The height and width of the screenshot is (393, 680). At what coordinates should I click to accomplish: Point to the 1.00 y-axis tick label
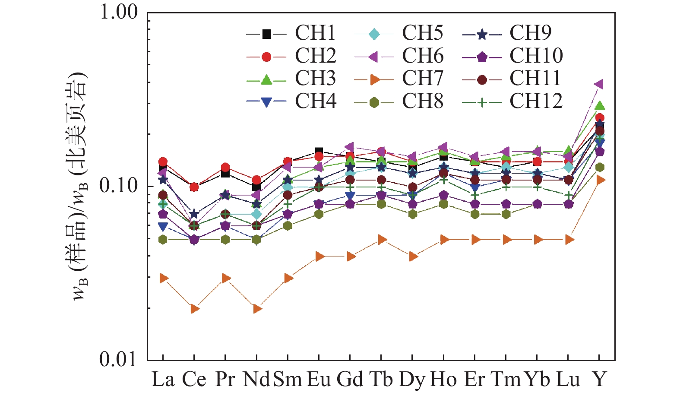(x=119, y=12)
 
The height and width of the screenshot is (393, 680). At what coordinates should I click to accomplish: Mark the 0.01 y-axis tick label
(x=119, y=359)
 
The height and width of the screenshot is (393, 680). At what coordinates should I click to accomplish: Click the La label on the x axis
(x=163, y=380)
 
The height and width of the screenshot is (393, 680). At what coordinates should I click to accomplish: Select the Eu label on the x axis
(x=319, y=380)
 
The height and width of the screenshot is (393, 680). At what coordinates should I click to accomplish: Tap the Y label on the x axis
(x=599, y=380)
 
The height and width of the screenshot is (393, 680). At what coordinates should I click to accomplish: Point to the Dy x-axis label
(x=412, y=380)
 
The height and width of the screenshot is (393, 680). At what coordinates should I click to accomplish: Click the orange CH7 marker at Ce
(x=195, y=309)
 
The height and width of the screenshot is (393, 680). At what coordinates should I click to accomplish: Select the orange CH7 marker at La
(x=164, y=278)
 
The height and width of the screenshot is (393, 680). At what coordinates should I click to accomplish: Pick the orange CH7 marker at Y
(x=600, y=180)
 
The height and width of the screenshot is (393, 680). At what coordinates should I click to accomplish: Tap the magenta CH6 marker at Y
(x=599, y=84)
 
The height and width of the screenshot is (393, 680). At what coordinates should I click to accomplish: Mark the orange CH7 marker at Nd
(x=257, y=309)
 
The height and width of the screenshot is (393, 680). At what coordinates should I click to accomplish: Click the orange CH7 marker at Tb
(x=382, y=240)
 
